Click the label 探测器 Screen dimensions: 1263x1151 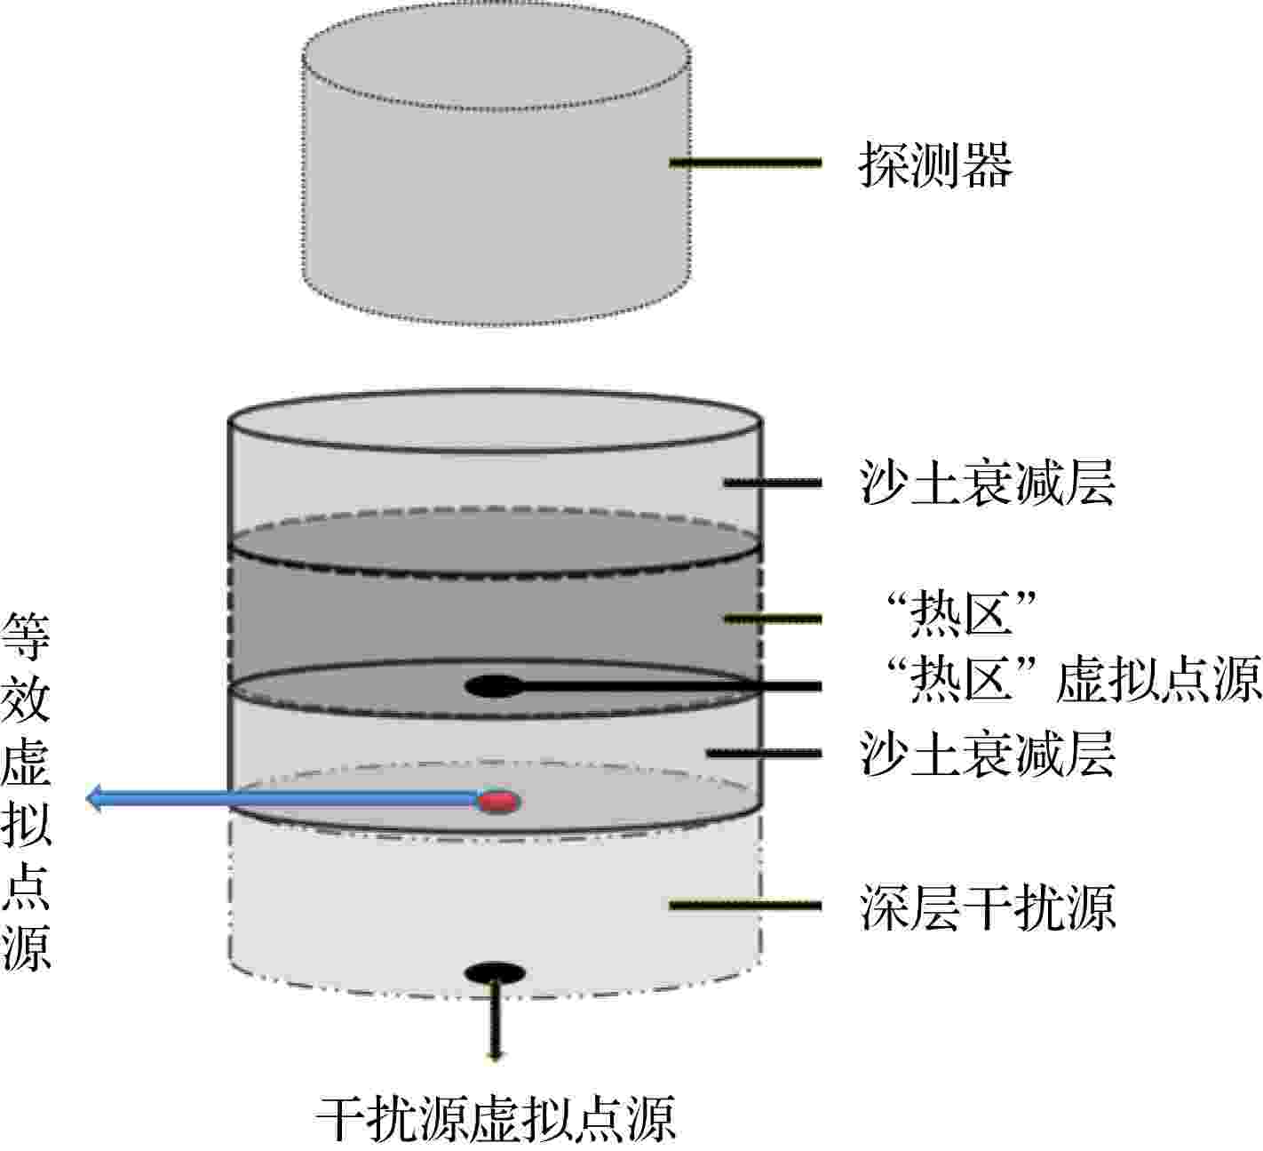pyautogui.click(x=935, y=164)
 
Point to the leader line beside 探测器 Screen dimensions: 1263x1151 pyautogui.click(x=745, y=164)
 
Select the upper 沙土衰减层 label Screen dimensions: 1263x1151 pyautogui.click(x=988, y=483)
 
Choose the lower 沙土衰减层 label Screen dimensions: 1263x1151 pyautogui.click(x=988, y=753)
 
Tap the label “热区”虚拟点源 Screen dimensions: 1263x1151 pyautogui.click(x=1074, y=680)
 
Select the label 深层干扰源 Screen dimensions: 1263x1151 pyautogui.click(x=988, y=907)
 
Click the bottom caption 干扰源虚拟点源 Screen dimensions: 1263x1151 pyautogui.click(x=496, y=1119)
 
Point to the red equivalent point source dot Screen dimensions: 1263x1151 pyautogui.click(x=498, y=802)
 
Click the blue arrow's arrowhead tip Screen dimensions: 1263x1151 pyautogui.click(x=86, y=799)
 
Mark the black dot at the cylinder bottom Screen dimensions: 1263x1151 pyautogui.click(x=494, y=973)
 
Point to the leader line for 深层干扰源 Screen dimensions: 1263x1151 pyautogui.click(x=745, y=906)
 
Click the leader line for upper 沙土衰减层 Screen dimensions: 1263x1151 pyautogui.click(x=773, y=483)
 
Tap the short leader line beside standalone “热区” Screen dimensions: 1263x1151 pyautogui.click(x=773, y=619)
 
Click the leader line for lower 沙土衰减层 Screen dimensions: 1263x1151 pyautogui.click(x=764, y=753)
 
